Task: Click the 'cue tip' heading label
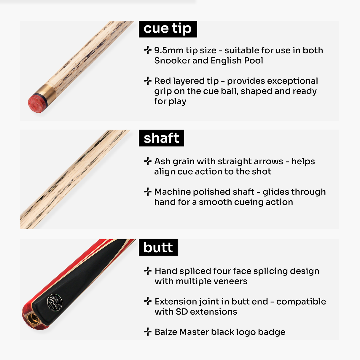(168, 29)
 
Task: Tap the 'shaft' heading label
(161, 138)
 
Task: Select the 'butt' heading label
(158, 248)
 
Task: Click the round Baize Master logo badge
(55, 302)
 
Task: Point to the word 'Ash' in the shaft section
(162, 161)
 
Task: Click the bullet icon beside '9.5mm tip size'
(148, 50)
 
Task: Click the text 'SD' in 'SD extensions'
(181, 312)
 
